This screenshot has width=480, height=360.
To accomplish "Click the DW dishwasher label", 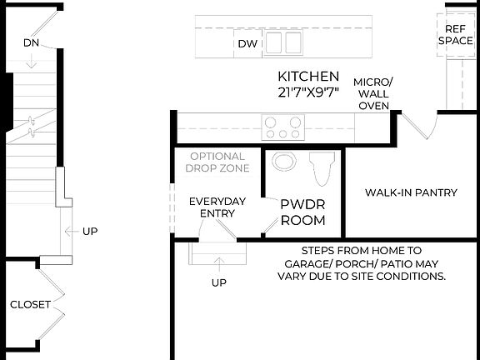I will click(247, 43).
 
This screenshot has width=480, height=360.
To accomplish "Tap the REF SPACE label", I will click(456, 34).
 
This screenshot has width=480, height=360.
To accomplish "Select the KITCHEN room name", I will click(308, 76).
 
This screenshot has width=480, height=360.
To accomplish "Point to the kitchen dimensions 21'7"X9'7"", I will click(308, 91).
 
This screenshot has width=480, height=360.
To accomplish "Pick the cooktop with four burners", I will click(282, 127).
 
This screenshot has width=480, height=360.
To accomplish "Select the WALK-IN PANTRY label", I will click(411, 192).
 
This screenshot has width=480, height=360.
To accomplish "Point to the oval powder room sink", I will click(284, 162).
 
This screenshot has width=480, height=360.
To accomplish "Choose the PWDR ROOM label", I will click(302, 212).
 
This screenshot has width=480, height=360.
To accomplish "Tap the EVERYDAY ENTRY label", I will click(217, 207).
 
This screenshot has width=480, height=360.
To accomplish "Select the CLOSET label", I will click(30, 304).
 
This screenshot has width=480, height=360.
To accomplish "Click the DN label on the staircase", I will click(31, 42).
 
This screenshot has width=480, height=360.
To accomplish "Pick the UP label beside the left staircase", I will click(89, 231).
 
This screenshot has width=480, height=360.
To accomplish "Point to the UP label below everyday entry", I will click(219, 282).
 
